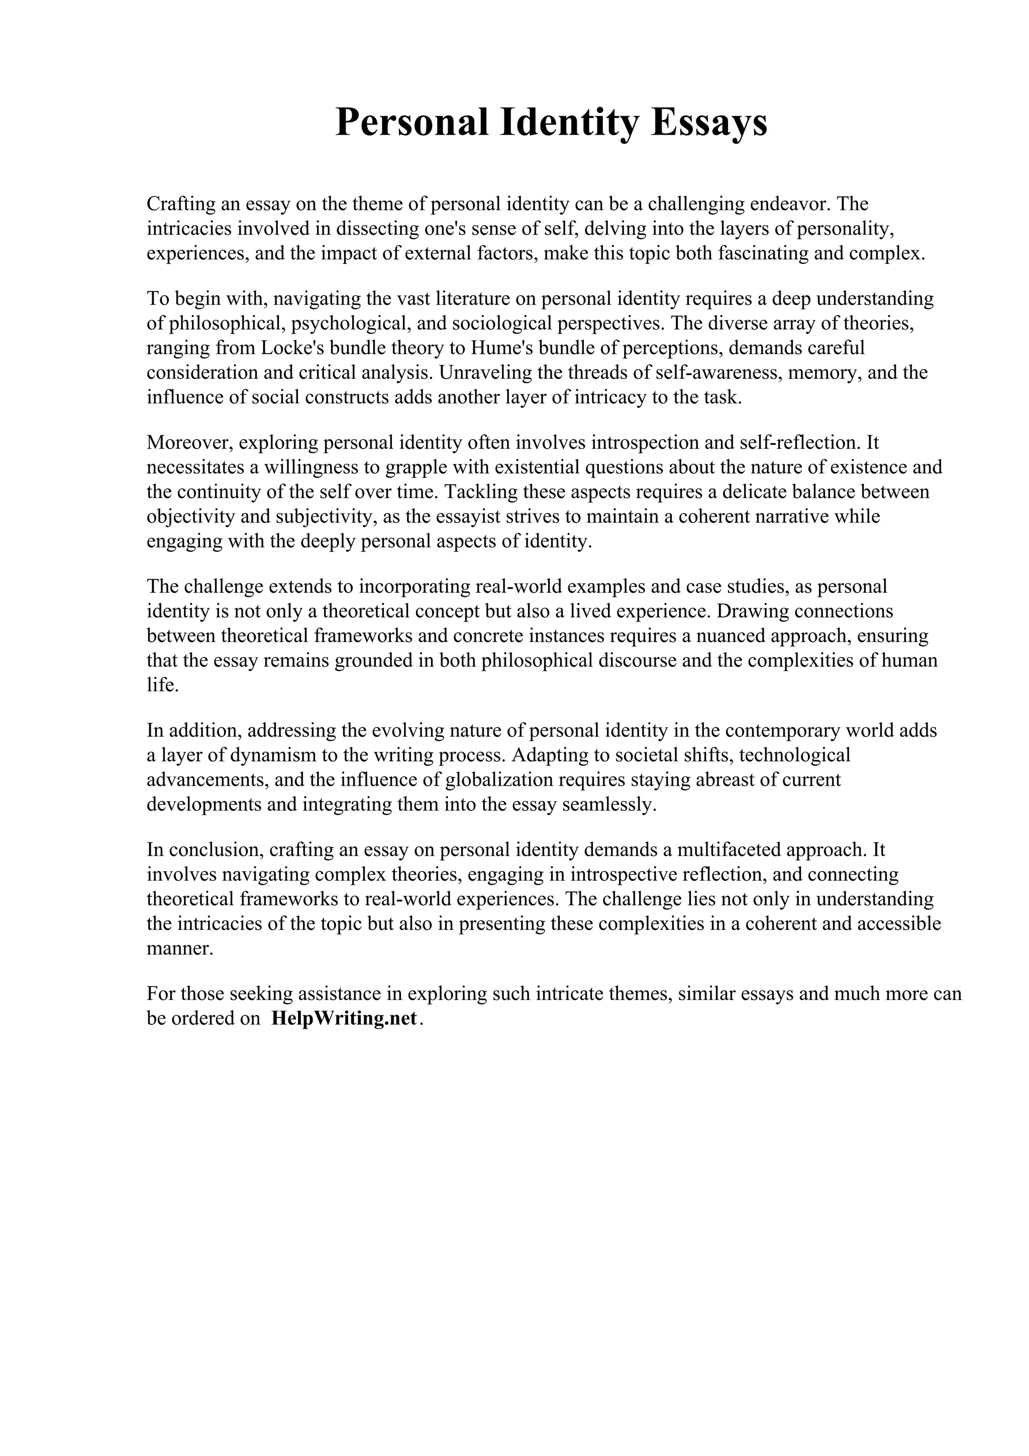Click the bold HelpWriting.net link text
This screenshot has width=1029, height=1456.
tap(344, 1018)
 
